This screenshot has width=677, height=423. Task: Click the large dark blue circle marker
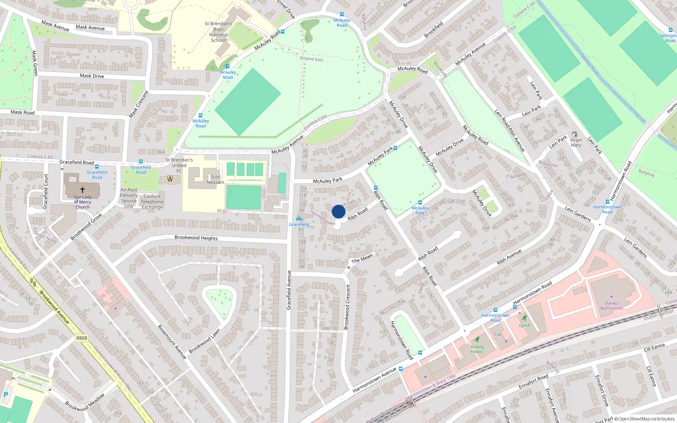[x=338, y=211]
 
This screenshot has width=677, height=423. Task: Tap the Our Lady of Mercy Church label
[x=83, y=202]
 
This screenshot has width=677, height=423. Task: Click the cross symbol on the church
[x=83, y=190]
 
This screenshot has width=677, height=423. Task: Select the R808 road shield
[x=82, y=338]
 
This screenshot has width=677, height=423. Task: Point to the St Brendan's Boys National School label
[x=218, y=32]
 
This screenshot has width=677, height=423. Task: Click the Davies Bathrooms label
[x=611, y=305]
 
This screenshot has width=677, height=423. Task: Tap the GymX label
[x=524, y=325]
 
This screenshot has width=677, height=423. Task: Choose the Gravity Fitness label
[x=477, y=349]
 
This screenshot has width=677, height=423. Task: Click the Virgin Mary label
[x=576, y=143]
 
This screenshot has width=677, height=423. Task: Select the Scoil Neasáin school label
[x=215, y=179]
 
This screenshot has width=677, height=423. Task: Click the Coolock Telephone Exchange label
[x=152, y=202]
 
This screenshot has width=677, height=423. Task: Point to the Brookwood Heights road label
[x=196, y=238]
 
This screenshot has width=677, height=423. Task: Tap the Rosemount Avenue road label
[x=172, y=342]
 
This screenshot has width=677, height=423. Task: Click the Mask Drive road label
[x=92, y=76]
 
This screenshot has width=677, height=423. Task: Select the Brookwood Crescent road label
[x=348, y=307]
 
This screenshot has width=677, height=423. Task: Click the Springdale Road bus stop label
[x=668, y=38]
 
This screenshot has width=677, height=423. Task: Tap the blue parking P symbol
[x=6, y=395]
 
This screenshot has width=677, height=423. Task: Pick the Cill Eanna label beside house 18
[x=654, y=348]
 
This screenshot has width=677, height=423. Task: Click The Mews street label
[x=362, y=258]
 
